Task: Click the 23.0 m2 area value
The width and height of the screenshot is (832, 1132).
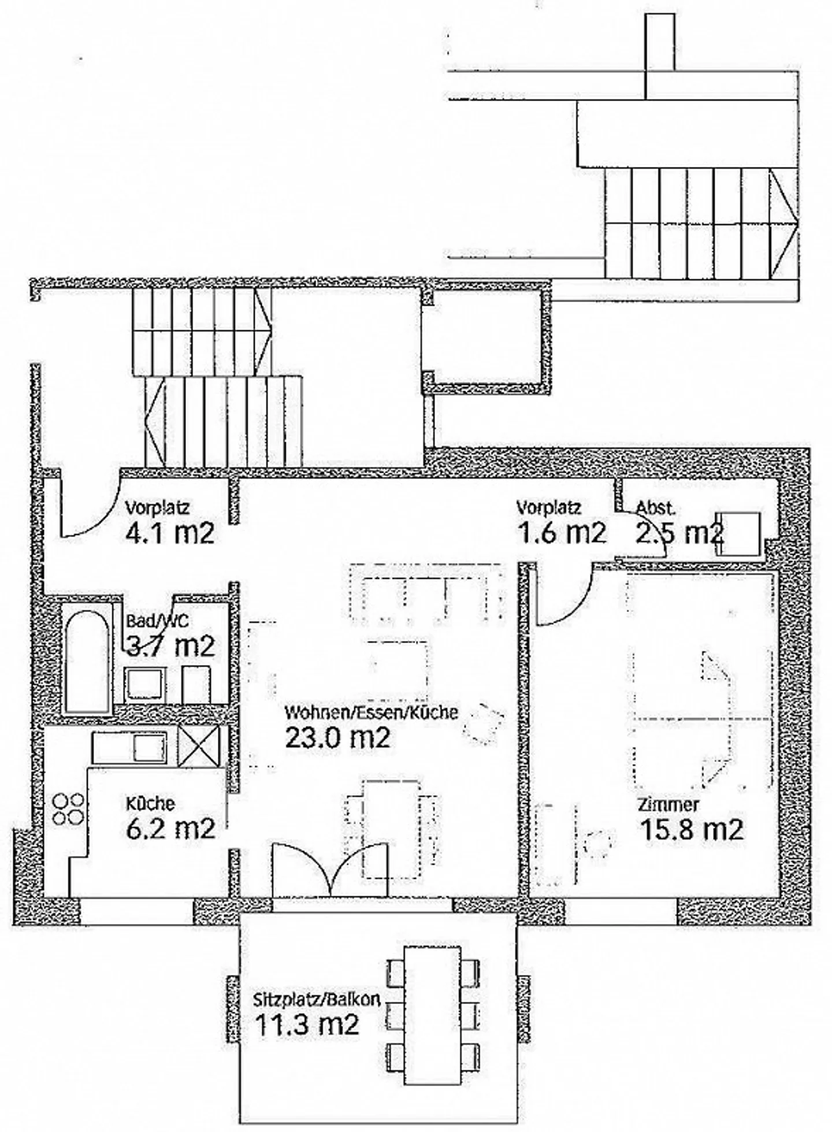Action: [338, 737]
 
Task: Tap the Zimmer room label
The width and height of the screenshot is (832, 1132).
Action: [668, 804]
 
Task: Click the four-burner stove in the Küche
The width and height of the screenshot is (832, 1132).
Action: [68, 809]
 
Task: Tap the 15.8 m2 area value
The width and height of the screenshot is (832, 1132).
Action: [692, 830]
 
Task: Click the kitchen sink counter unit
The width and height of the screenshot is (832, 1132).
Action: [130, 748]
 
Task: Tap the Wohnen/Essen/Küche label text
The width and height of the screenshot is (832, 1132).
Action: [371, 712]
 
